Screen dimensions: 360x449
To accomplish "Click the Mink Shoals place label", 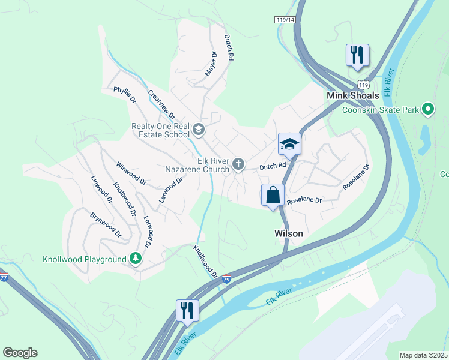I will [352, 95].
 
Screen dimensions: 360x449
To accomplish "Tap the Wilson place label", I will [288, 233].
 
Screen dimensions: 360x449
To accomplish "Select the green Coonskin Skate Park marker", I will [428, 109].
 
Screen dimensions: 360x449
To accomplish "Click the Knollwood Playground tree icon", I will [136, 259].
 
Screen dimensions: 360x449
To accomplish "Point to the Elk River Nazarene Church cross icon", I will [238, 164].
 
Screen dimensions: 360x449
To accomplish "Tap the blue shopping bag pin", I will [273, 196].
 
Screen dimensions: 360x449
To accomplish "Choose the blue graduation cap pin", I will [289, 145].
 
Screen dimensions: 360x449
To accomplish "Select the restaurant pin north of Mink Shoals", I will [357, 55].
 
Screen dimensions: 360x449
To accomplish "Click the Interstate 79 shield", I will [226, 279].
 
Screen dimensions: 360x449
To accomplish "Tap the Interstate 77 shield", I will [4, 277].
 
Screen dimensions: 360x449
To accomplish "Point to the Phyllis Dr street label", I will [125, 94].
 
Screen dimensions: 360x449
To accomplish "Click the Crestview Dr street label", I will [161, 104].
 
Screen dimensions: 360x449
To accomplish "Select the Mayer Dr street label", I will [211, 63].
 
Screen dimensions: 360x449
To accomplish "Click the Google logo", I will [20, 353].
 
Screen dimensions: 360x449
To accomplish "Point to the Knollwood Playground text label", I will [85, 259].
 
